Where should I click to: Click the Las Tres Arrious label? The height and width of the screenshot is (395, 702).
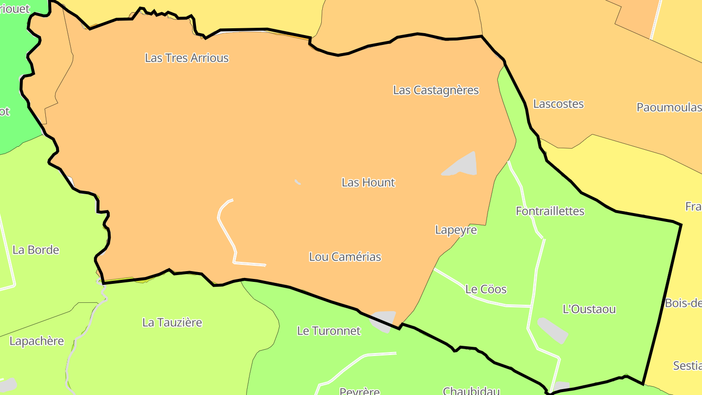point(187,58)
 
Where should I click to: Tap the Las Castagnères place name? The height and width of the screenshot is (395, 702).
point(436,90)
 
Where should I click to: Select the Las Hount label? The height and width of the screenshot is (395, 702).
point(368,182)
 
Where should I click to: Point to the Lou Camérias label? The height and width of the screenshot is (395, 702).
point(345,257)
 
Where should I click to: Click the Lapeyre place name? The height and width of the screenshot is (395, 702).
point(456,230)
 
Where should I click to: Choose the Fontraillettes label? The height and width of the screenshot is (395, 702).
point(550,211)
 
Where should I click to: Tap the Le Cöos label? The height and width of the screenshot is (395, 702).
point(486,289)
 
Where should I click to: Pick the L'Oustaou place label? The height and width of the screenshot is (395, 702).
point(589,309)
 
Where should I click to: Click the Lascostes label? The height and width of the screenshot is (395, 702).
point(558,104)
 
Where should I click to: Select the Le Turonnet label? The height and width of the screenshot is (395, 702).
point(329,331)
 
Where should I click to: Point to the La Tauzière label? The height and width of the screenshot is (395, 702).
point(172,322)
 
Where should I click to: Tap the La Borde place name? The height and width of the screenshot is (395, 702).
point(36,250)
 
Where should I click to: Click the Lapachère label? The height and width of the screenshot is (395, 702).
point(37,341)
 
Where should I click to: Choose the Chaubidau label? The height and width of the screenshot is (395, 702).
point(471,391)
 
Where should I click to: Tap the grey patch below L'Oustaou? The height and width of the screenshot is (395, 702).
point(553,330)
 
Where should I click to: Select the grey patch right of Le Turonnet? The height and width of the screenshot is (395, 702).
point(384,320)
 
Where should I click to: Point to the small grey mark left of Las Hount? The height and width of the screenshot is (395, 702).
point(297,182)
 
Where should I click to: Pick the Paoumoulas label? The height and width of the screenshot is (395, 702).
point(669,107)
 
